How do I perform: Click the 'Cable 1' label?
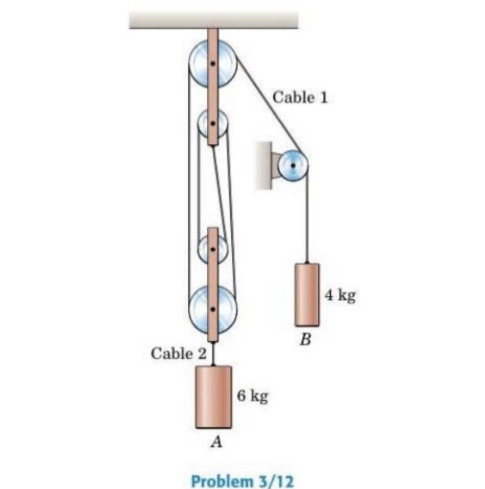pyautogui.click(x=300, y=97)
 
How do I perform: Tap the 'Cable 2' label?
pyautogui.click(x=179, y=354)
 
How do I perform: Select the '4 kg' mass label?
pyautogui.click(x=340, y=296)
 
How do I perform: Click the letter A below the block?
pyautogui.click(x=216, y=443)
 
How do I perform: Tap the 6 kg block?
pyautogui.click(x=214, y=396)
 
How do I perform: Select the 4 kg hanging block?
pyautogui.click(x=307, y=295)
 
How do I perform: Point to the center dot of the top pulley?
pyautogui.click(x=213, y=64)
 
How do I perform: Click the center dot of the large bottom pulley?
pyautogui.click(x=213, y=309)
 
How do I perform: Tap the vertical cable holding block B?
pyautogui.click(x=306, y=220)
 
